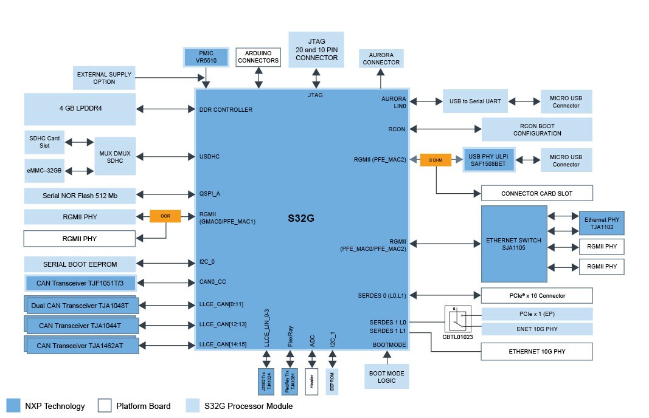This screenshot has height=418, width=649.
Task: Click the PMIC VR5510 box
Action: [206, 57]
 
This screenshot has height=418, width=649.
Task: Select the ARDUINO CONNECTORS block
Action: [259, 57]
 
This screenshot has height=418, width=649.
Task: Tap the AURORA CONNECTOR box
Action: [381, 58]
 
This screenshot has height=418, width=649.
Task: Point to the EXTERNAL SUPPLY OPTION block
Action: [104, 78]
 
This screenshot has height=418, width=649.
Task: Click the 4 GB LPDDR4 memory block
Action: [80, 109]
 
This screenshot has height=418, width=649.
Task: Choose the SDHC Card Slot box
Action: [44, 142]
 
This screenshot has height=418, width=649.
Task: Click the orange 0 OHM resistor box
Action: [436, 160]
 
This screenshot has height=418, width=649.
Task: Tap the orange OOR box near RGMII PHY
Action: [165, 216]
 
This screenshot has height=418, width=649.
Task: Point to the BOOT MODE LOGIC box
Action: [387, 377]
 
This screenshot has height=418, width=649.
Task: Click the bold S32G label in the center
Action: [301, 217]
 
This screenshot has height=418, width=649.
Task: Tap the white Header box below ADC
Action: [311, 382]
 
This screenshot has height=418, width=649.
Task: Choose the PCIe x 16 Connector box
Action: [536, 296]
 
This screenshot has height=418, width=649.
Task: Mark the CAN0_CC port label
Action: [213, 282]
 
